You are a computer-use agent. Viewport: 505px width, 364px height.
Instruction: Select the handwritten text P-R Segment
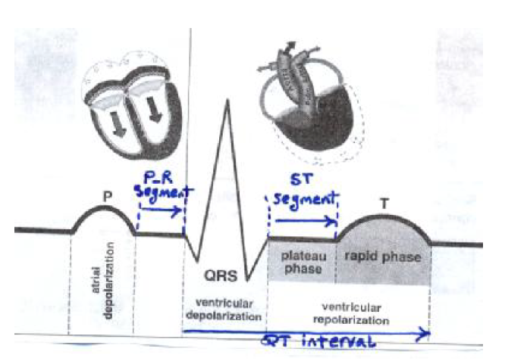tap(160, 186)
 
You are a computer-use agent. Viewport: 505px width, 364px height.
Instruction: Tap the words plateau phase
tap(301, 262)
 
